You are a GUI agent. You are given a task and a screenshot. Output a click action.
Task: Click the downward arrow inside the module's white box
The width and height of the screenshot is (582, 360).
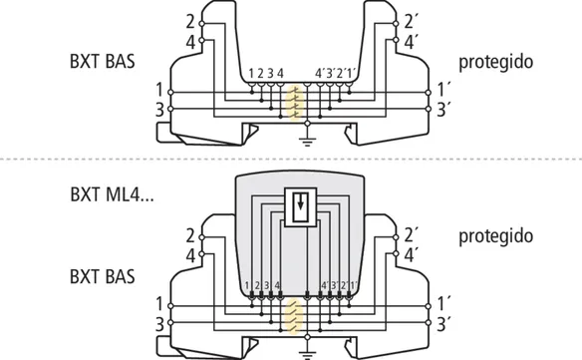(x=300, y=201)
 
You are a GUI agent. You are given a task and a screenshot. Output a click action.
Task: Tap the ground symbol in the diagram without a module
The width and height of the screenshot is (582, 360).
(x=307, y=142)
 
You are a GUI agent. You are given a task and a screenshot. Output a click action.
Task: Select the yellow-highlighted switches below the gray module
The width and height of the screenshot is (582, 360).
(x=294, y=316)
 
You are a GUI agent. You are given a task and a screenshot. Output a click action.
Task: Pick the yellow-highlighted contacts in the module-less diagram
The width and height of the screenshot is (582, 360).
(x=294, y=103)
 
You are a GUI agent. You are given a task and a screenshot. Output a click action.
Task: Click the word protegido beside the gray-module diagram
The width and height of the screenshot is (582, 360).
(x=496, y=236)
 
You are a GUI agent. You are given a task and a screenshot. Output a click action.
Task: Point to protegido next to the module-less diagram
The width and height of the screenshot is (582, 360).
(x=496, y=62)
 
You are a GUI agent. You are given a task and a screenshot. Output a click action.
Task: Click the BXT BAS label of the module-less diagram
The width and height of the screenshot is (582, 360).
(x=103, y=61)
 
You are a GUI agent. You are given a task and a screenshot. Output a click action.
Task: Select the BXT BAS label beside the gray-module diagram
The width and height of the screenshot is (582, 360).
(x=103, y=277)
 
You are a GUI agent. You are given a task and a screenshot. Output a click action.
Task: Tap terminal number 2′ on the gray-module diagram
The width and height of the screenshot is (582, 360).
(x=411, y=235)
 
